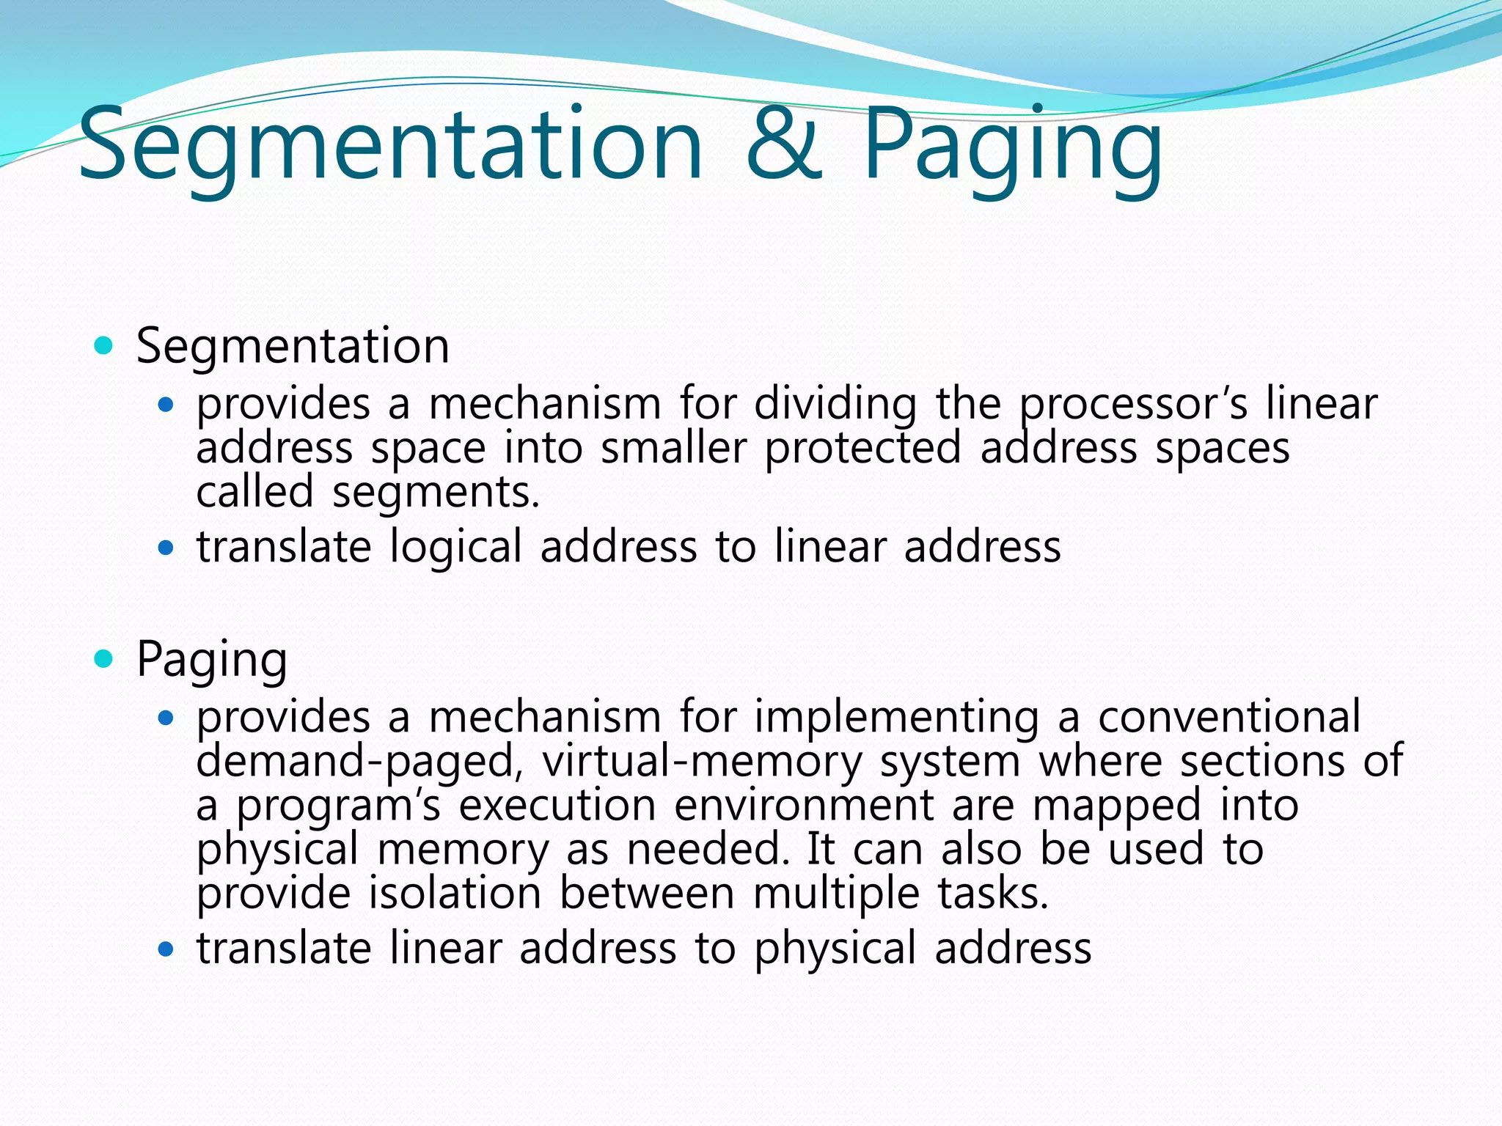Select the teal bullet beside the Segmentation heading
pos(104,345)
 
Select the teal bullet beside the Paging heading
pos(104,659)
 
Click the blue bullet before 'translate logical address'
pos(166,547)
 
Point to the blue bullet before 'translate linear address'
pos(166,949)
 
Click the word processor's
pos(1133,405)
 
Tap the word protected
pos(862,448)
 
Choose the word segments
pos(436,493)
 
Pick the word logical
pos(455,548)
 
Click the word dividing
pos(835,405)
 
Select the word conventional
pos(1229,717)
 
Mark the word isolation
pos(455,894)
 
